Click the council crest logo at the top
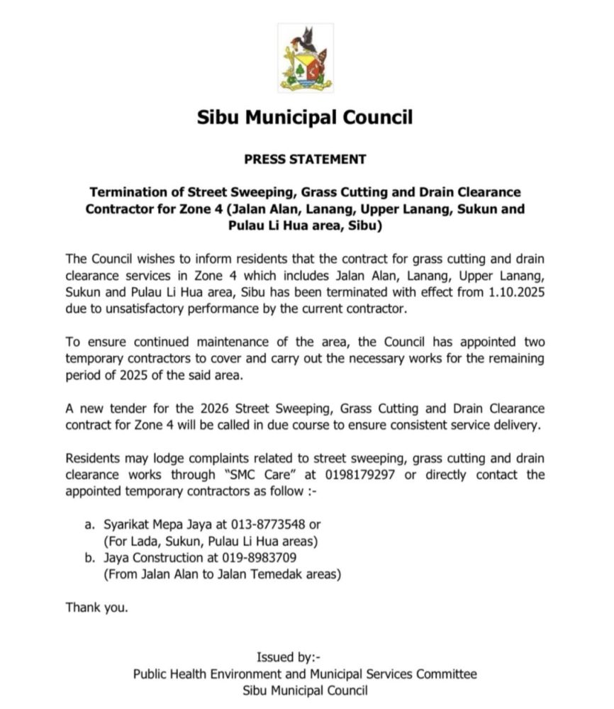click(305, 57)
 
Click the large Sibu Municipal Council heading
click(305, 117)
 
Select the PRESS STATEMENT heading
click(305, 160)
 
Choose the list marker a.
click(89, 525)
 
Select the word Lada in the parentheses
click(145, 541)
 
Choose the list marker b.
click(89, 557)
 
